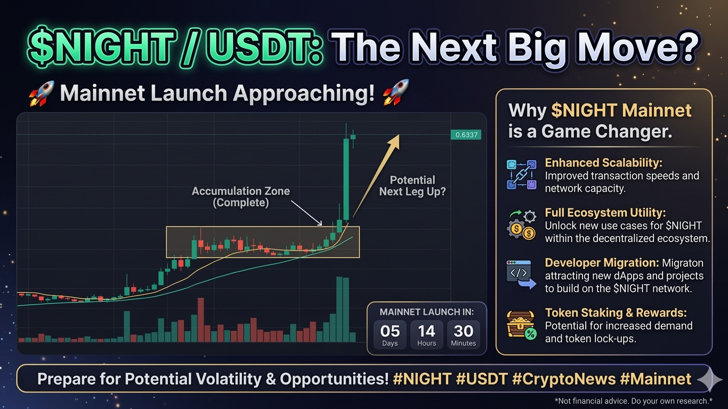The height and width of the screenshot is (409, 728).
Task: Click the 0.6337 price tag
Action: point(466,134)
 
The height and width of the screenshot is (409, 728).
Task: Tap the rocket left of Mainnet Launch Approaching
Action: point(41,94)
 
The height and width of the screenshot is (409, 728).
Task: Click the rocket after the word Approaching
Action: point(395,93)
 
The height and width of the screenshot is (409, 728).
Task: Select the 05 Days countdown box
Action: point(390,334)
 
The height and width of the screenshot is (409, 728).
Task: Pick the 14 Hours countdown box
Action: point(426,334)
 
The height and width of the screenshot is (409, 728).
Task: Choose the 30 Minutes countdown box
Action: point(464,334)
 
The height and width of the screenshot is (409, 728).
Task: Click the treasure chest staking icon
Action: point(521,325)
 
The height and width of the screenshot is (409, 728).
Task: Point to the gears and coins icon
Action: point(522,224)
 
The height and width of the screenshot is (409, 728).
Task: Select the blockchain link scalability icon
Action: point(521,174)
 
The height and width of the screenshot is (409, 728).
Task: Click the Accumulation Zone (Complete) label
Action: point(241,197)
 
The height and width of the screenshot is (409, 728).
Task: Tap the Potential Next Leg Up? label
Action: point(412,186)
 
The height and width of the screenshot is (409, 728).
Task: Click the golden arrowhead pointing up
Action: point(394,142)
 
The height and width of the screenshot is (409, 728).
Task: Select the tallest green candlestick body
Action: point(346,179)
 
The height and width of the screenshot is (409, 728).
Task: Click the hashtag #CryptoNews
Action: point(564,379)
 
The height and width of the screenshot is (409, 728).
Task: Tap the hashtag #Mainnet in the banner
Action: point(656,379)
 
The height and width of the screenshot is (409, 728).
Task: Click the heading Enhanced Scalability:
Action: point(603,163)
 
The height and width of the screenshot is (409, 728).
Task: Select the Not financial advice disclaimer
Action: point(634,401)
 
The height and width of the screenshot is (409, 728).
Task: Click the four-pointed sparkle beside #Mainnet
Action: point(710,379)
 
